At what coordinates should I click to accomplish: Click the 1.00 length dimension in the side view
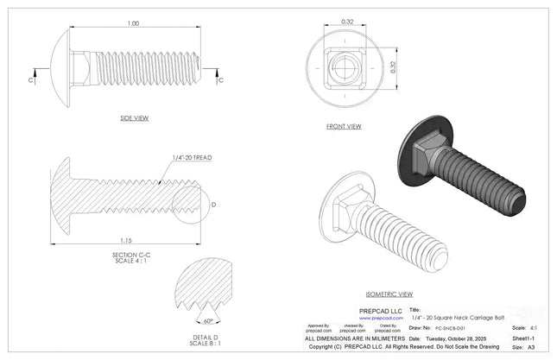(x=132, y=23)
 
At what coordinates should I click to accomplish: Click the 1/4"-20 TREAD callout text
(x=192, y=158)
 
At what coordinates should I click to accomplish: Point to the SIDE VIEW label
(x=134, y=117)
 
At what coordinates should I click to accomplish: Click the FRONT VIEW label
(x=344, y=126)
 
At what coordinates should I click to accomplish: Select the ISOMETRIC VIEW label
(x=389, y=294)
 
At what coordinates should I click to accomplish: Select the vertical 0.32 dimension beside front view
(x=396, y=69)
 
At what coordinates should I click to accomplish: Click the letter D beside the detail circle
(x=213, y=205)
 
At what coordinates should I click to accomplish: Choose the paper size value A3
(x=531, y=347)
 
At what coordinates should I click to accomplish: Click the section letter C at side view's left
(x=32, y=79)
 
